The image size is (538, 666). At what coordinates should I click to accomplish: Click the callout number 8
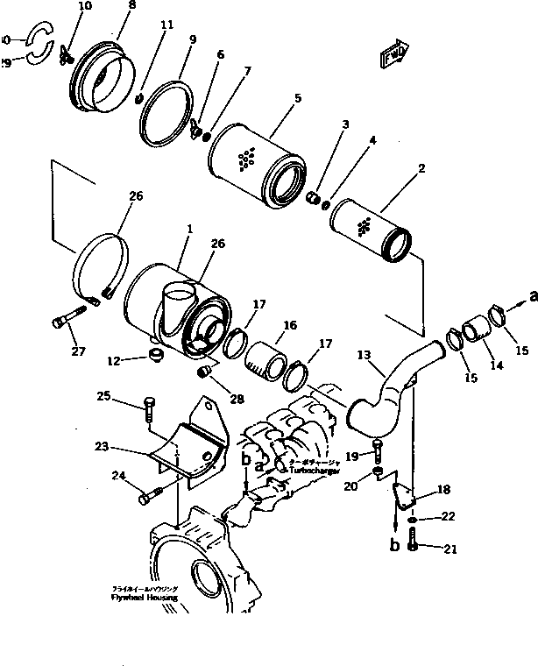click(131, 6)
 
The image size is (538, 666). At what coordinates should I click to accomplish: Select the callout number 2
click(422, 166)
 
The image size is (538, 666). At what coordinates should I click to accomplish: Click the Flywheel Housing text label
click(145, 597)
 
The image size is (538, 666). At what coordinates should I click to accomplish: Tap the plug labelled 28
click(208, 374)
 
